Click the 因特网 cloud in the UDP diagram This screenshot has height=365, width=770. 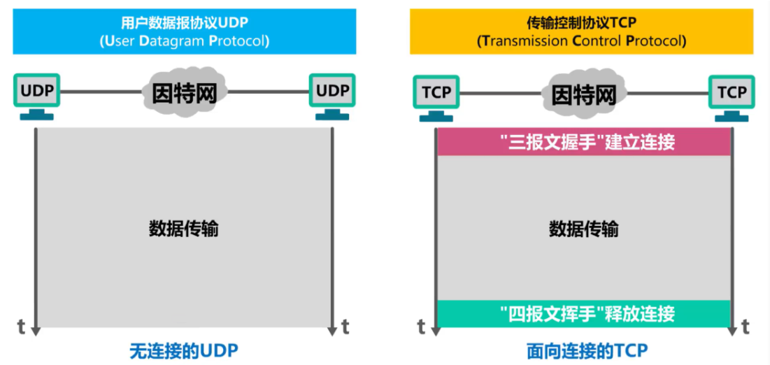(185, 92)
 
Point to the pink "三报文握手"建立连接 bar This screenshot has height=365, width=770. (584, 142)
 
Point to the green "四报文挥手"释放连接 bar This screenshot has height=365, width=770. (584, 313)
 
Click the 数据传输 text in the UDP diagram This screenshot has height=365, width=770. (184, 229)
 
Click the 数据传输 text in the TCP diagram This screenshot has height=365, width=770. (584, 229)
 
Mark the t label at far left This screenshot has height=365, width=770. (22, 326)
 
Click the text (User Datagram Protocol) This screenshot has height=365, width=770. (184, 41)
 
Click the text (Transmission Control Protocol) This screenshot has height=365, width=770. (581, 41)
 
